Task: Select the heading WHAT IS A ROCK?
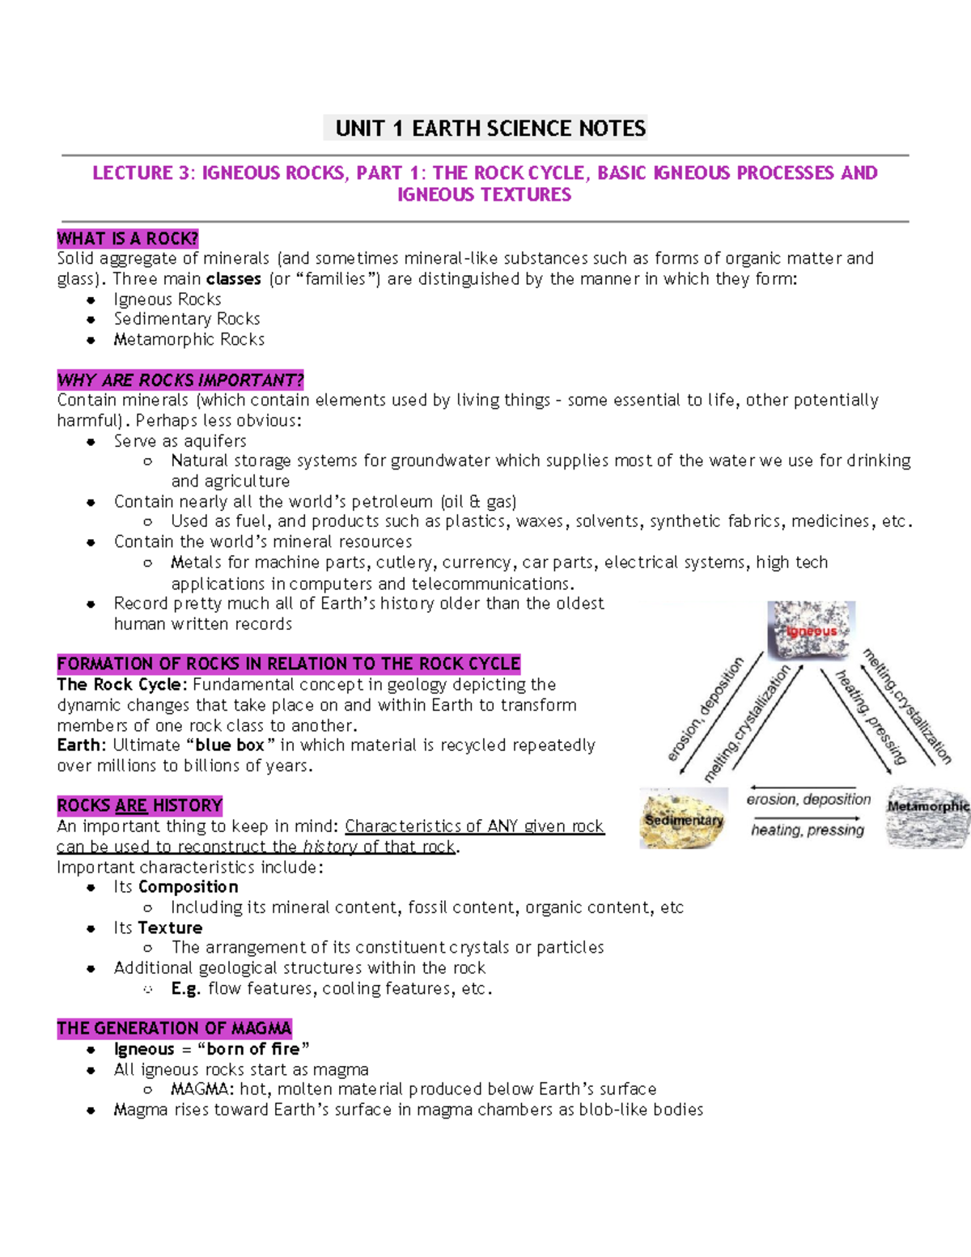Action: [128, 239]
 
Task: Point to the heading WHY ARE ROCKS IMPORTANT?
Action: [180, 380]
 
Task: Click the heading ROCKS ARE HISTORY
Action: [139, 806]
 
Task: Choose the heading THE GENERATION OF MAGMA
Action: [174, 1029]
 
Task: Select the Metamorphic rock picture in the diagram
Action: [927, 817]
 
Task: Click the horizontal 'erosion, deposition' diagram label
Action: [808, 800]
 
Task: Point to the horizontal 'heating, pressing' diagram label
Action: [808, 830]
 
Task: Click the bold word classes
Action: [234, 279]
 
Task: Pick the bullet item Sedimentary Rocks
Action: [187, 320]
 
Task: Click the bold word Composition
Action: [189, 887]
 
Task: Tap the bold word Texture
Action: [170, 928]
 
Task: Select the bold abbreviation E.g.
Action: [185, 989]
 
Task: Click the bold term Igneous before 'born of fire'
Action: [144, 1050]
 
